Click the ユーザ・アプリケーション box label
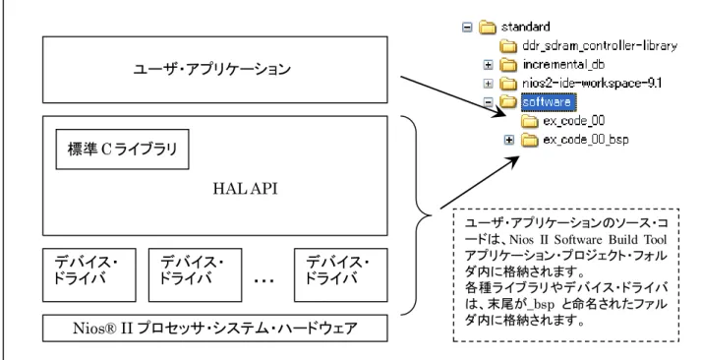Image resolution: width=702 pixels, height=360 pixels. [212, 70]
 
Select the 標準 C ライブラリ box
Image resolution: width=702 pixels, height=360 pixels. [122, 150]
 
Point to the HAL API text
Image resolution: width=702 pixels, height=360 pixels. [245, 189]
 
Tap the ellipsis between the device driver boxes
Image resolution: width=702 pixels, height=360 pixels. [263, 281]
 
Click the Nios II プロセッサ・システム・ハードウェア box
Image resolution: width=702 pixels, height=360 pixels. [215, 329]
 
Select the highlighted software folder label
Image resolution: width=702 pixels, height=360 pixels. [548, 102]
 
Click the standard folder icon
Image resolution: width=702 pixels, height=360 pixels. [487, 28]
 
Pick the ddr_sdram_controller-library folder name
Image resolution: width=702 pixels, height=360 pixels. [600, 45]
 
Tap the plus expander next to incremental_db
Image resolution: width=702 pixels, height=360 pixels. [489, 65]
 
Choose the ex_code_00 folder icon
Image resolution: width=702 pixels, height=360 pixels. [530, 121]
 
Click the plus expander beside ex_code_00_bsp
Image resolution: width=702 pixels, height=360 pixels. [509, 140]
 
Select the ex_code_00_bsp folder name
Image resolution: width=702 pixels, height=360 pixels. [586, 140]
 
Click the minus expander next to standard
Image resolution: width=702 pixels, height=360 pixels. [467, 28]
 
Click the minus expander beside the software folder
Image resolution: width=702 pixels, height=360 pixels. [489, 102]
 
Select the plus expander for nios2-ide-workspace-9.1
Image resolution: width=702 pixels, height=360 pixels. [489, 84]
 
